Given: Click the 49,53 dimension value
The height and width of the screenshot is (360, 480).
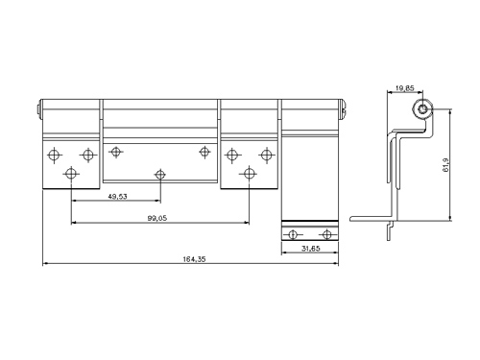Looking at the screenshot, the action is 117,197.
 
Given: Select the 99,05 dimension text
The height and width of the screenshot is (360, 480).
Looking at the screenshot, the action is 157,218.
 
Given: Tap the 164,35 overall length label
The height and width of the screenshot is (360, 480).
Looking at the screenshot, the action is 194,259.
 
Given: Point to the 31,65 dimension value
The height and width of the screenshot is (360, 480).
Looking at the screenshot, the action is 310,249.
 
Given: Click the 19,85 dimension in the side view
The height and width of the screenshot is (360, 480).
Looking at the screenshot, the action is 405,88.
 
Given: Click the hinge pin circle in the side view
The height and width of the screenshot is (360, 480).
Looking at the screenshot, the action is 422,109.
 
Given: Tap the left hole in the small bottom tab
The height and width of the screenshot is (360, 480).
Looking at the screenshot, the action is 292,234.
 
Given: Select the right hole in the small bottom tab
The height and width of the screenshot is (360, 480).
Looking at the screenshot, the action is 326,234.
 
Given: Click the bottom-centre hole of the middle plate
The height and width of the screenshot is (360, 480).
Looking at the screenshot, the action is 160,175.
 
